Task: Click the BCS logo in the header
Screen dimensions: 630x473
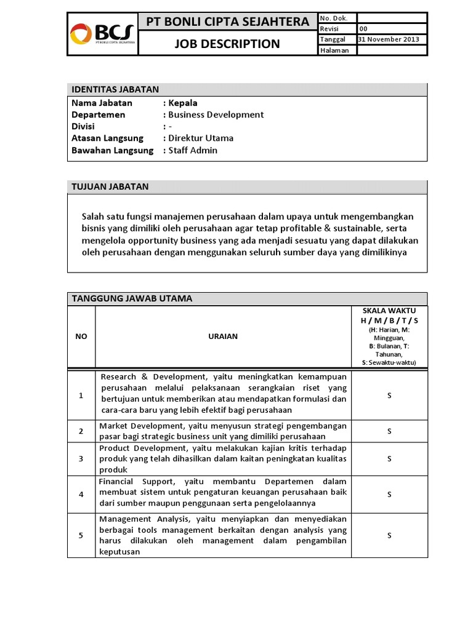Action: [x=102, y=34]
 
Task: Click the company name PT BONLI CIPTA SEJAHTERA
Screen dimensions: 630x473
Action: [x=227, y=22]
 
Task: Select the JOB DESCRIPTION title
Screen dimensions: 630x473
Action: [x=227, y=44]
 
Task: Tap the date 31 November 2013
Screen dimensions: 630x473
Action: [x=389, y=39]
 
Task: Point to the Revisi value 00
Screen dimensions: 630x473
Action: [x=363, y=28]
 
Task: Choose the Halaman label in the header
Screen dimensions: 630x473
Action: [x=334, y=50]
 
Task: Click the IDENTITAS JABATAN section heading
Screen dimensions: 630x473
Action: [x=115, y=89]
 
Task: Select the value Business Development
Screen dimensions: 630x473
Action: [x=216, y=114]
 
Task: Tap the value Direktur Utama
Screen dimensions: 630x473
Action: [x=201, y=138]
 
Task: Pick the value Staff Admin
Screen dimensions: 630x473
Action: [x=193, y=150]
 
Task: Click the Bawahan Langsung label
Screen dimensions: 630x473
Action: [x=112, y=150]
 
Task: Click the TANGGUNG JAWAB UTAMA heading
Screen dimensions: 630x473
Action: [x=132, y=298]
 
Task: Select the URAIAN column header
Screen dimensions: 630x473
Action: [x=222, y=336]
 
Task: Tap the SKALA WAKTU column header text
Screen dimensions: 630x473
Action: [x=389, y=310]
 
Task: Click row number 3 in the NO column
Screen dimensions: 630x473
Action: [x=81, y=458]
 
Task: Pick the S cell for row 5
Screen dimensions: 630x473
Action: [x=389, y=535]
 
